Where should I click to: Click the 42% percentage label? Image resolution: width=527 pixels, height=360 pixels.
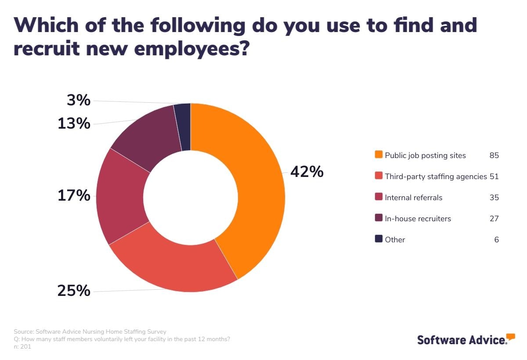coord(307,172)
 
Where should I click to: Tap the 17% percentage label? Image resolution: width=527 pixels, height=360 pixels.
coord(74,195)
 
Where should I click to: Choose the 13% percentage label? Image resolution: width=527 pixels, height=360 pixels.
coord(74,124)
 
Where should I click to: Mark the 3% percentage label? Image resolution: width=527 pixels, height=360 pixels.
coord(79,101)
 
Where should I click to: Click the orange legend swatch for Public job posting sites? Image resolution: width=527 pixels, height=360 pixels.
coord(379,155)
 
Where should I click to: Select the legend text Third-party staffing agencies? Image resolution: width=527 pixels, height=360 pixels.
coord(436,176)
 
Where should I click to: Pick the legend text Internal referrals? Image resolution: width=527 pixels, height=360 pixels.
coord(413,198)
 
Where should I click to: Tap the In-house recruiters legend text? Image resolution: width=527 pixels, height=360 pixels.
coord(418,219)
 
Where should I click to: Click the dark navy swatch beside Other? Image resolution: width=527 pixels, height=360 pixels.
coord(379,239)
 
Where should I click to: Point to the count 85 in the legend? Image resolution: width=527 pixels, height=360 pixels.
coord(494,155)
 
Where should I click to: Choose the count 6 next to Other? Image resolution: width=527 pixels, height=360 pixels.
coord(496,240)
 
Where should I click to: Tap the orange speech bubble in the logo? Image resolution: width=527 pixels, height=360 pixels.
coord(510,337)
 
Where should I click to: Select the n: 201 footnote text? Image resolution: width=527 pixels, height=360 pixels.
coord(22,347)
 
